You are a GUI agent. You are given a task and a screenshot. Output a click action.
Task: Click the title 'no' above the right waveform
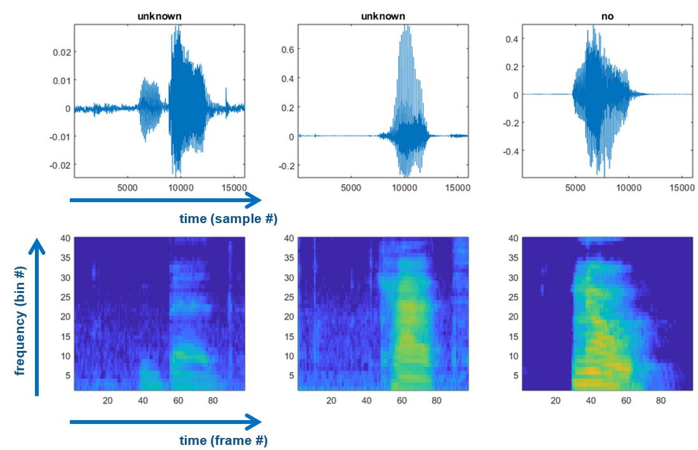click(607, 16)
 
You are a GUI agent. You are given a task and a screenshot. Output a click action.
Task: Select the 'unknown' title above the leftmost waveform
click(159, 16)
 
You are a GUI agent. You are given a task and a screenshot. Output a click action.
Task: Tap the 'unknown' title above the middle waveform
click(383, 16)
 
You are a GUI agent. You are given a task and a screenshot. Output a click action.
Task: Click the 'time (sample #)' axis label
click(228, 219)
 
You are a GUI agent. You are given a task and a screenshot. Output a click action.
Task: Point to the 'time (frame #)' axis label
click(223, 440)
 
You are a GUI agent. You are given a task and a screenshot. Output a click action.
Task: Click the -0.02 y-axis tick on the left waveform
click(60, 165)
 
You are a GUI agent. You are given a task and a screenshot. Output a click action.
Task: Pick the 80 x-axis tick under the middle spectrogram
click(436, 400)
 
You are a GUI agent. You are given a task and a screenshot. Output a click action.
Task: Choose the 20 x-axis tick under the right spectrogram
click(555, 400)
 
